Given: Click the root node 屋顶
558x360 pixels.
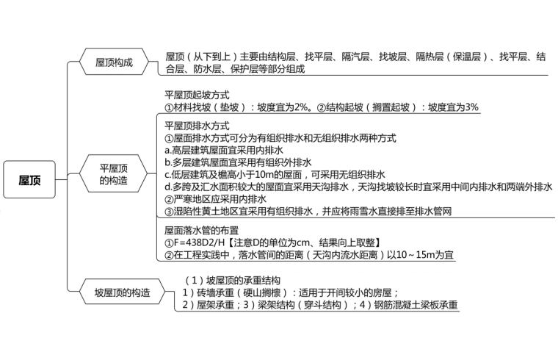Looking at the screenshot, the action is pos(30,180).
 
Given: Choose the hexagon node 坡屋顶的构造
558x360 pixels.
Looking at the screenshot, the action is pos(122,292).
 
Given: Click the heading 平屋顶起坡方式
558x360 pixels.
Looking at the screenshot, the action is pos(198,95).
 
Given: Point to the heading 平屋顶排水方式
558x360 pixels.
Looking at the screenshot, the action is pos(198,126).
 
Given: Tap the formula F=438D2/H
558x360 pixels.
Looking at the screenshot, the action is pos(203,242).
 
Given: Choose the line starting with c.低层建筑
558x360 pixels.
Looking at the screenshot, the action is pos(275,175).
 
